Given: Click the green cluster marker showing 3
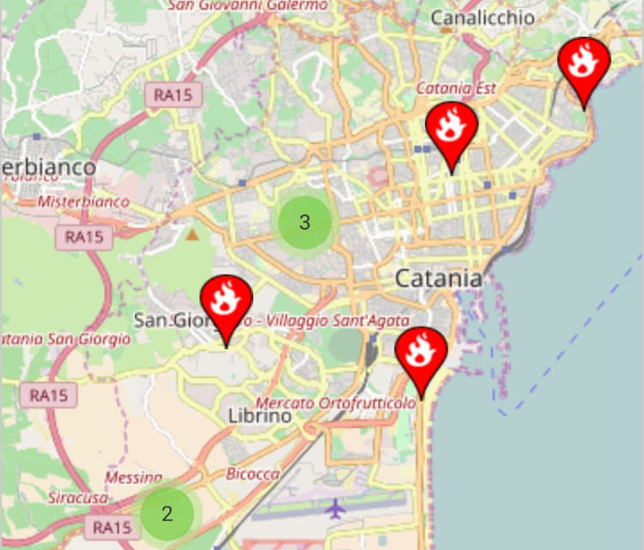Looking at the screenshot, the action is coord(304,222).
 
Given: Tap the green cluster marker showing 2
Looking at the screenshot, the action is coord(167,514).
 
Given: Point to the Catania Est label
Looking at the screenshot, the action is coord(456,88).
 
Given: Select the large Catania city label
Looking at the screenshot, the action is coord(438,278).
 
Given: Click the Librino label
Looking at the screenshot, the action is coord(260,415).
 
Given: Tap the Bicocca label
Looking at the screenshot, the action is coord(252,474).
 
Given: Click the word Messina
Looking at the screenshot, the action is coord(134,477).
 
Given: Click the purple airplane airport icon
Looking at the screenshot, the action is coord(335,508).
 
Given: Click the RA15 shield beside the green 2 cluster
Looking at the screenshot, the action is coord(112,526).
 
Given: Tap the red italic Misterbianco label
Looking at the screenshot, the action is coord(83,202).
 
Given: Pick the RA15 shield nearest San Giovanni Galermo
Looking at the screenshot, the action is coord(173,94).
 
